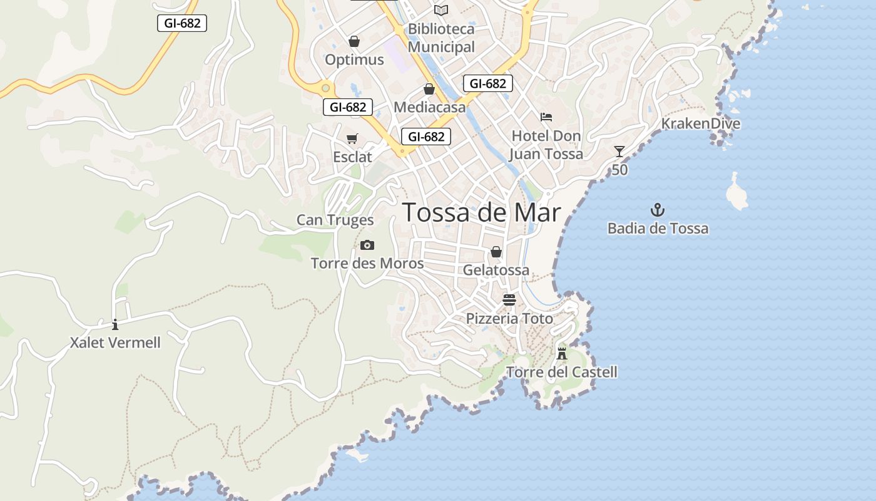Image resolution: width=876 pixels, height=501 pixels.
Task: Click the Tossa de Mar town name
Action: click(x=481, y=213)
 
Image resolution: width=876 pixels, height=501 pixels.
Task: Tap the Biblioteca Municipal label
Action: click(x=441, y=38)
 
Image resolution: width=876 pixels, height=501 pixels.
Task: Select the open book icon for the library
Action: click(x=441, y=10)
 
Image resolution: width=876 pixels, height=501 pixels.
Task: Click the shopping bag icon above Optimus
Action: click(x=354, y=41)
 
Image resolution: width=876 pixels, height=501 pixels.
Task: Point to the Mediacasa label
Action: click(x=430, y=107)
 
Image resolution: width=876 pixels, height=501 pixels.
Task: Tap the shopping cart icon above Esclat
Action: click(x=352, y=138)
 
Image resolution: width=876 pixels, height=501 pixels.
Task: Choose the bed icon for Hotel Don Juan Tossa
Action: click(x=546, y=117)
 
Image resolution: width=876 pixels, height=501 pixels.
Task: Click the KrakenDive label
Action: click(x=701, y=123)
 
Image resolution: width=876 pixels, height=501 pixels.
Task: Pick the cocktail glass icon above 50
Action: click(x=619, y=152)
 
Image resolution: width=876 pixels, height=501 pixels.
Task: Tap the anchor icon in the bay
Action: click(x=658, y=210)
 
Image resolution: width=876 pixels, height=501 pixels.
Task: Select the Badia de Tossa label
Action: click(x=658, y=229)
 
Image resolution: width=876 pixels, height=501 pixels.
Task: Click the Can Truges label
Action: click(x=335, y=220)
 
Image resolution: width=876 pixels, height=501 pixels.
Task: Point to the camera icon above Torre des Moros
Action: click(x=367, y=245)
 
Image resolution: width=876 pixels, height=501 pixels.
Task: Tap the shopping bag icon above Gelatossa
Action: click(x=496, y=252)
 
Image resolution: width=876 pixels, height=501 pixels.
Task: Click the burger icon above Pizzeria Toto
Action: click(x=509, y=299)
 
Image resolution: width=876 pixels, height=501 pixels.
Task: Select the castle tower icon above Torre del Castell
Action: click(x=562, y=353)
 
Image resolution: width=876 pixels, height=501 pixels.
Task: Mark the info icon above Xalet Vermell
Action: click(x=115, y=324)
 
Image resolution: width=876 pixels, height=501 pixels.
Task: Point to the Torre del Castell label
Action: click(x=561, y=373)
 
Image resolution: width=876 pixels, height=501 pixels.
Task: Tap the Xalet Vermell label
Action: click(x=115, y=343)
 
